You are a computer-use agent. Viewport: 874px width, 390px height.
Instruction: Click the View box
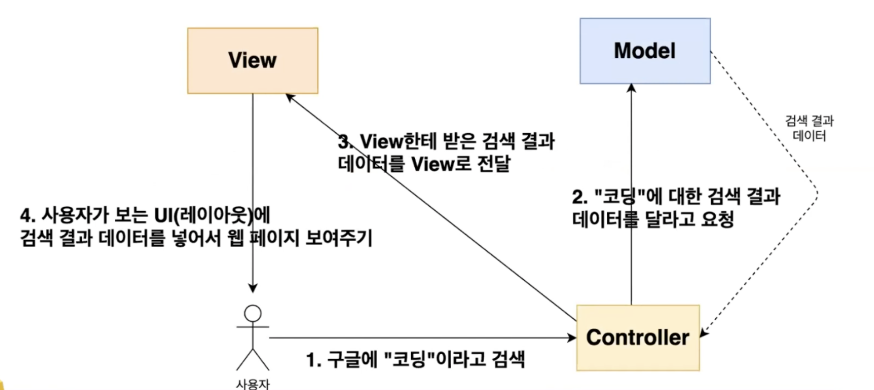[x=253, y=60]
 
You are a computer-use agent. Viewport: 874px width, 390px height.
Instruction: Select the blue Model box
[x=645, y=50]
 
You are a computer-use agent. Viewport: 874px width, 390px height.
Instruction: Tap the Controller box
[x=638, y=338]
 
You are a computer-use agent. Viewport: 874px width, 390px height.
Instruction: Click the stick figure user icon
[x=253, y=338]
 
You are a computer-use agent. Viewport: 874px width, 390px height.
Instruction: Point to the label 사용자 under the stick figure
[x=253, y=382]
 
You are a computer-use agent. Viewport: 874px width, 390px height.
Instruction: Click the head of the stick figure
[x=253, y=313]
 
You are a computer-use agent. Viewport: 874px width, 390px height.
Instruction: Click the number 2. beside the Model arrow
[x=580, y=198]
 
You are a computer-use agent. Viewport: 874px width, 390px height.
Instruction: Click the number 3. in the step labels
[x=345, y=141]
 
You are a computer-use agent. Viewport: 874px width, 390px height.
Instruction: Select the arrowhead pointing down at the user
[x=253, y=289]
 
